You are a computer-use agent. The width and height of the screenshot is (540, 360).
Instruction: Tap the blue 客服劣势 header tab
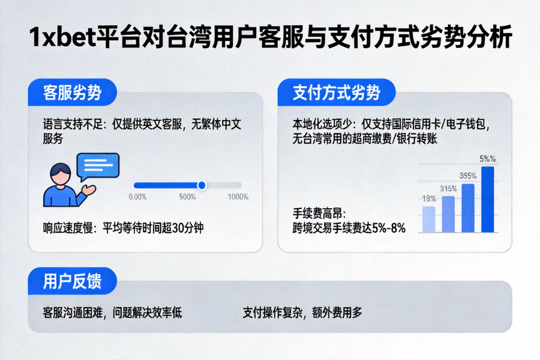[72, 93]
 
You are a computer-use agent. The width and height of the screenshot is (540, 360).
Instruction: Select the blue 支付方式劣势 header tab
[336, 93]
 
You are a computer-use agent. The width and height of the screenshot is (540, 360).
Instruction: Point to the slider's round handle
[202, 185]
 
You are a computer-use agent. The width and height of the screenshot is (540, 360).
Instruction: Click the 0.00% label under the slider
[138, 197]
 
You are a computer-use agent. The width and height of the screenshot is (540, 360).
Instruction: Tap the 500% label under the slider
[188, 197]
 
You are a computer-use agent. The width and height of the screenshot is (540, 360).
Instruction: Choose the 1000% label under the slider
[238, 197]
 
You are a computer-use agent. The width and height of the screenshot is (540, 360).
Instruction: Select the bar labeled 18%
[428, 219]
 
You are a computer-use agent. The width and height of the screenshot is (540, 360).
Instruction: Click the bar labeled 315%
[448, 214]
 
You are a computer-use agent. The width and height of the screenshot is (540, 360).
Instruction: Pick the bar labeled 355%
[468, 208]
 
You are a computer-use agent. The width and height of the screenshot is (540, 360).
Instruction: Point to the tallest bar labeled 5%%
[488, 199]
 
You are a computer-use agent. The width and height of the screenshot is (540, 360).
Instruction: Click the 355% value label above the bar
[468, 176]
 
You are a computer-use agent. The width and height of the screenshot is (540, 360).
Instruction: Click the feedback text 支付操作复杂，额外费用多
[302, 313]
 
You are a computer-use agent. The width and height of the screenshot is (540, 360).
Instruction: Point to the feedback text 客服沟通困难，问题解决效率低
[112, 313]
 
